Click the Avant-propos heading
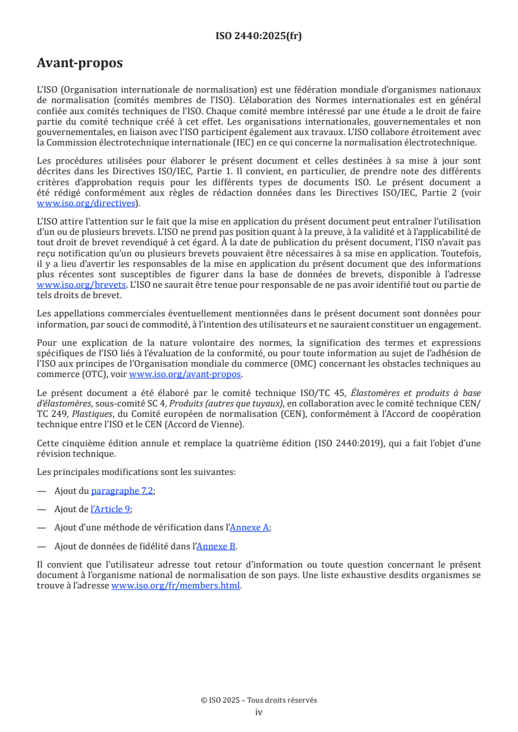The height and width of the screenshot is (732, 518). pos(80,63)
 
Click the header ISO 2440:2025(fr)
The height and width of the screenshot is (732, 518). pos(259,37)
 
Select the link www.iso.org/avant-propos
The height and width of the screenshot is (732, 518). pos(185,374)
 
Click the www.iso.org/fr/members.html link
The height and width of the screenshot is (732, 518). pos(176,586)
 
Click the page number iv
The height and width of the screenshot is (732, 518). pos(259,712)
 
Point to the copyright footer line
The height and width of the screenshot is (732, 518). pos(259,700)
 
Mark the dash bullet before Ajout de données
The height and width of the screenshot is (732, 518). pos(42,547)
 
